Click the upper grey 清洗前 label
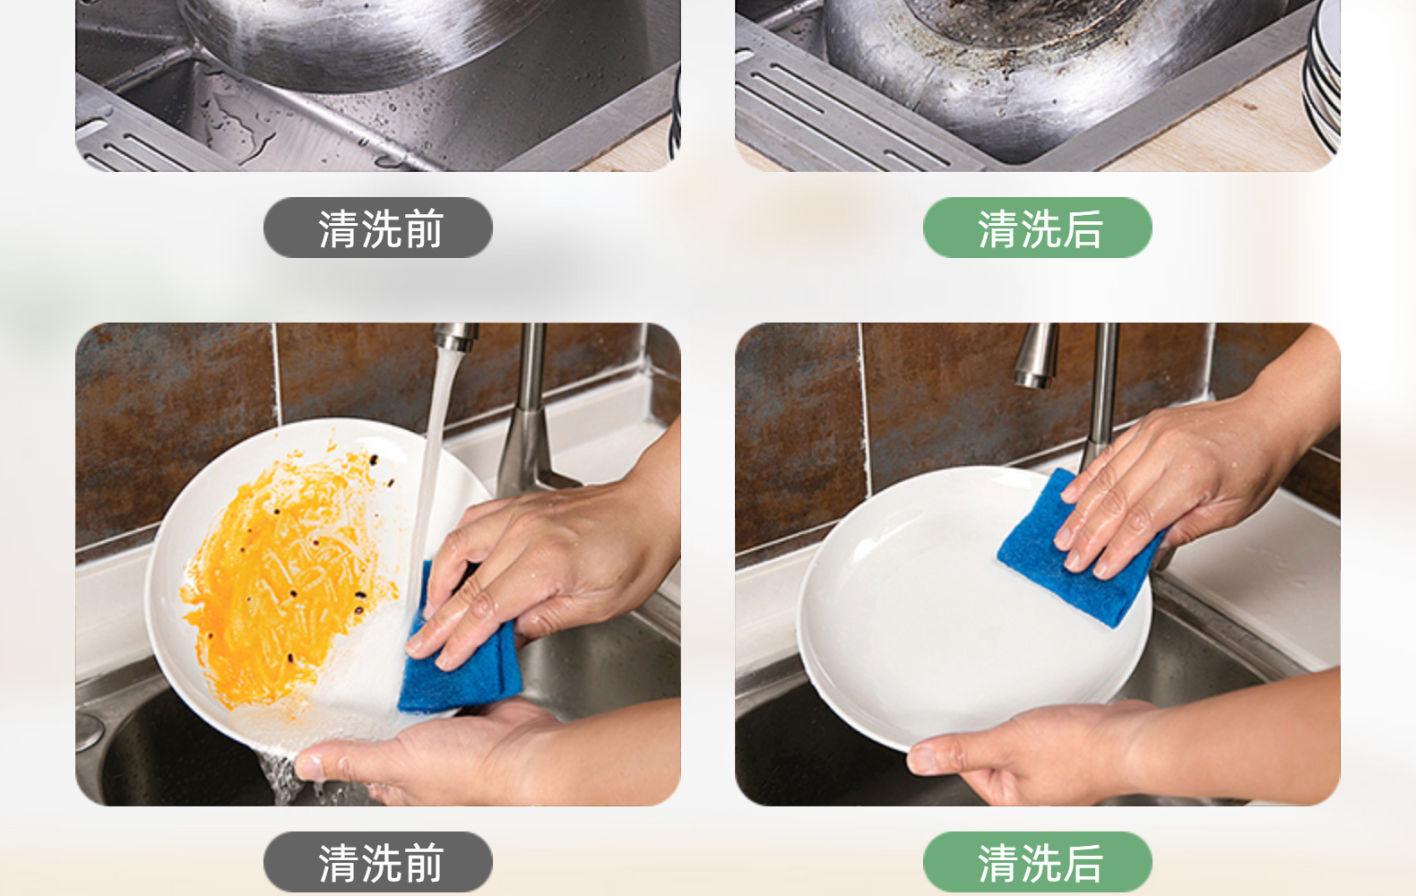(378, 228)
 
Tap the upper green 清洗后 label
(1037, 228)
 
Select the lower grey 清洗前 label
(378, 862)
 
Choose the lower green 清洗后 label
(1037, 862)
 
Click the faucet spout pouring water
(456, 336)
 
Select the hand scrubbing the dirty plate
(544, 569)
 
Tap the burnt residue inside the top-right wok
(1012, 31)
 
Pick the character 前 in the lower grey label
(424, 863)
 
